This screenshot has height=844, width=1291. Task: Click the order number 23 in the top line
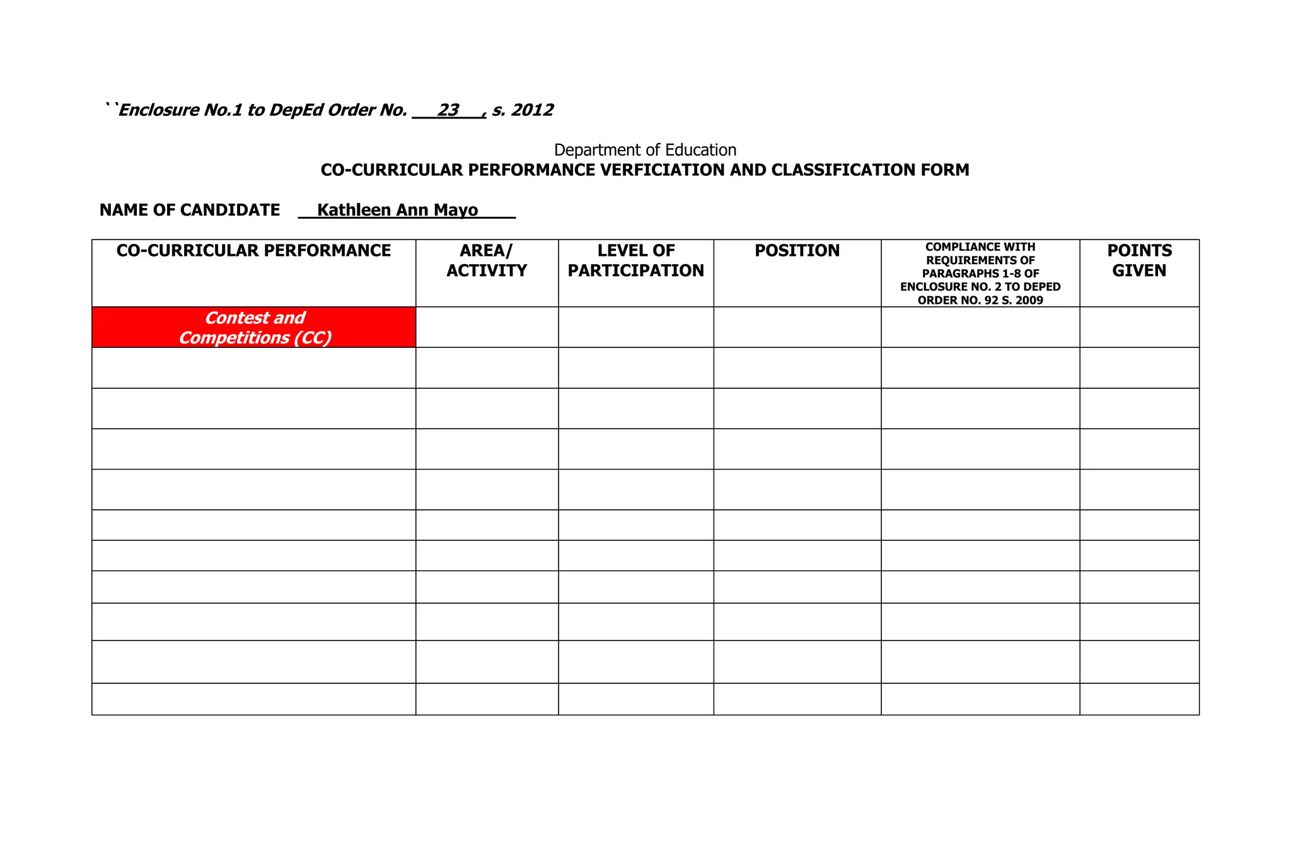coord(448,110)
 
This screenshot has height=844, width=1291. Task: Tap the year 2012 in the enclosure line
coord(532,110)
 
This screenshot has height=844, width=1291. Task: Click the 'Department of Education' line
coord(645,150)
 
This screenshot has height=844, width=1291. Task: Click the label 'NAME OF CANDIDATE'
coord(190,210)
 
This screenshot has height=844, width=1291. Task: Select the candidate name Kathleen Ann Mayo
coord(397,210)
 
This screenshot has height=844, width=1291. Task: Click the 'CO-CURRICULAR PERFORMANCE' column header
coord(253,251)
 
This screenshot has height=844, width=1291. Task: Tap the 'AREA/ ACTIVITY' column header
coord(487,260)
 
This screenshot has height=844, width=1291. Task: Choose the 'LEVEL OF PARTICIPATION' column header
coord(635,260)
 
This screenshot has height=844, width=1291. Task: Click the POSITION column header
coord(797,251)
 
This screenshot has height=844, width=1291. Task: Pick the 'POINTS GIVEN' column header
coord(1139,260)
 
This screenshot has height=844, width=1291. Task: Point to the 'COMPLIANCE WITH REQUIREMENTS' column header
coord(980,253)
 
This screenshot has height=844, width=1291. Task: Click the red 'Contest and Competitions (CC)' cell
coord(254,328)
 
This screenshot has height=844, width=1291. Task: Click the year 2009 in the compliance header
coord(1029,301)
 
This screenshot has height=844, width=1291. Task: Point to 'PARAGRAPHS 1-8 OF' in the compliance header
coord(980,274)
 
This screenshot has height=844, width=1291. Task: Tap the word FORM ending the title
coord(947,170)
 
